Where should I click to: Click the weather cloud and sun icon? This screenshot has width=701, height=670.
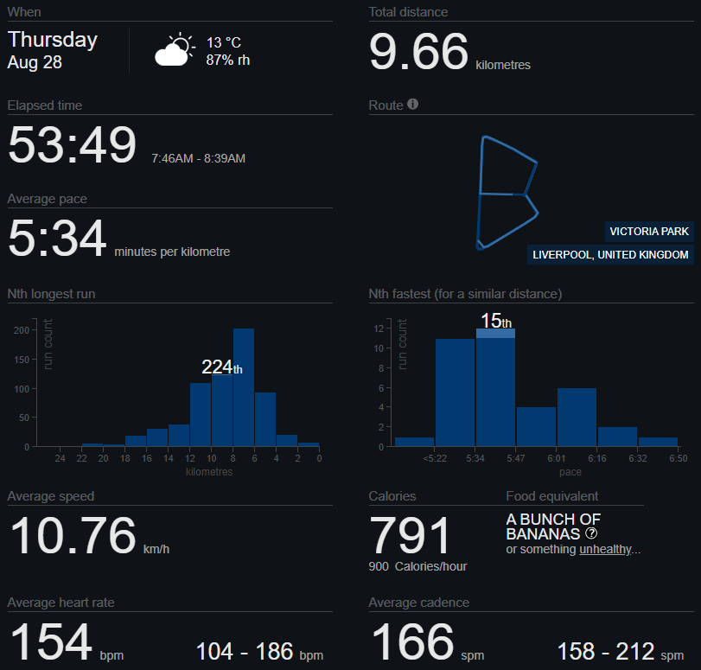tap(175, 51)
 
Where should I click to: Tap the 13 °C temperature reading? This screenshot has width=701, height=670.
tap(224, 42)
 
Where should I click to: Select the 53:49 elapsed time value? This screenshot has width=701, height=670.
tap(72, 144)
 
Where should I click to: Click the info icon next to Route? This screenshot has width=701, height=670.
tap(413, 105)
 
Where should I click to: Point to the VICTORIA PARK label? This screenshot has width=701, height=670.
tap(649, 232)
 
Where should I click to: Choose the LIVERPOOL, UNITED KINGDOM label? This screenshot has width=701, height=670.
tap(610, 255)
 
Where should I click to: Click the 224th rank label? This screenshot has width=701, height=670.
tap(221, 367)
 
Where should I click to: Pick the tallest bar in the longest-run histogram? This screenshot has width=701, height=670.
tap(244, 386)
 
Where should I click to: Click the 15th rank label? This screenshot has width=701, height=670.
tap(496, 321)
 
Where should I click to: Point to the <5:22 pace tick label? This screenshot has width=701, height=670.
tap(434, 459)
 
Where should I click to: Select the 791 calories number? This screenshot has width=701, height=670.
tap(411, 536)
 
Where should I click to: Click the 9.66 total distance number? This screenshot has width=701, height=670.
tap(419, 52)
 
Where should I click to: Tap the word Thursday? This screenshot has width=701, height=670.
tap(53, 40)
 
